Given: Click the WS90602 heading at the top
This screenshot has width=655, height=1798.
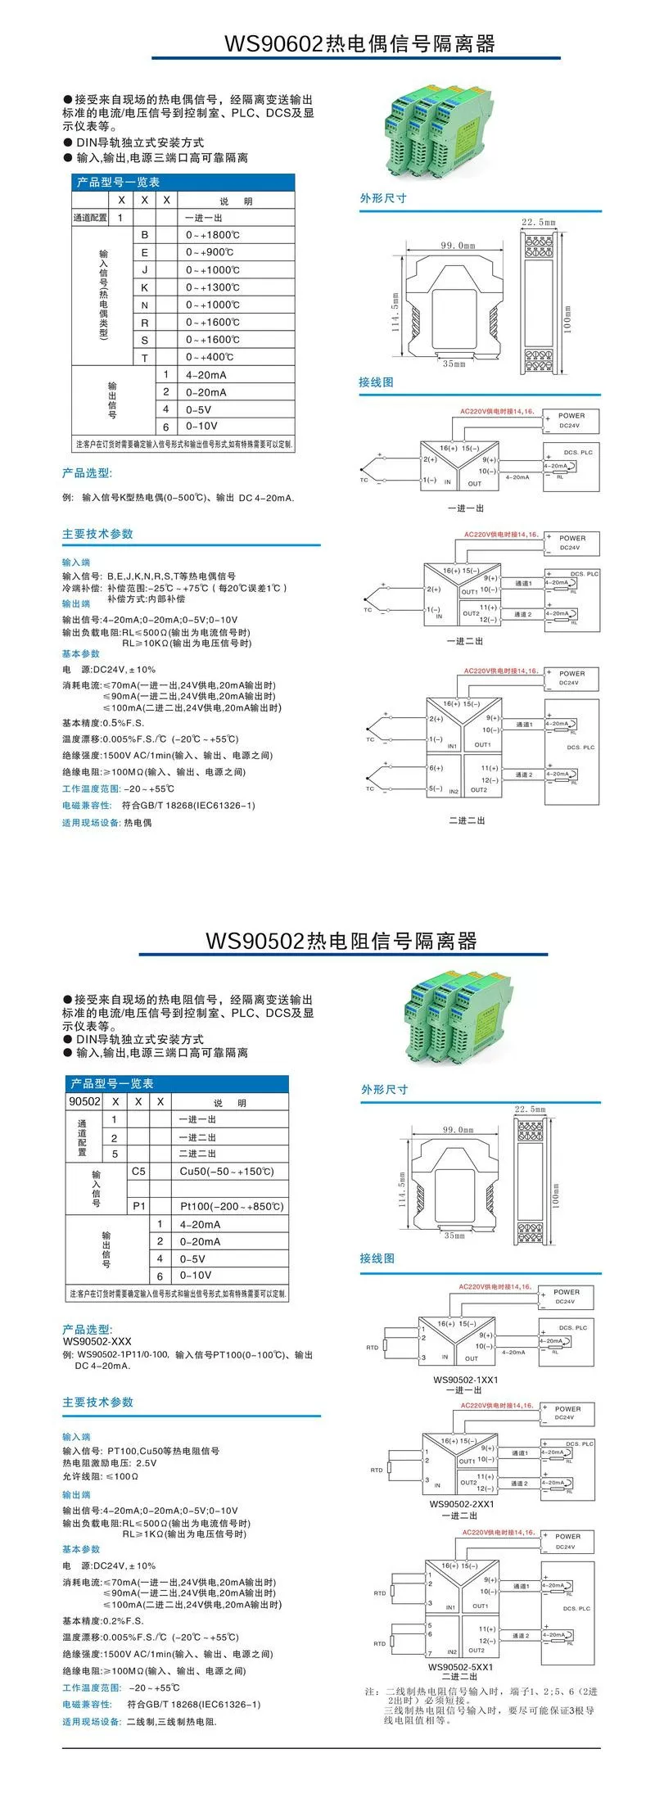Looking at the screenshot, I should coord(360,43).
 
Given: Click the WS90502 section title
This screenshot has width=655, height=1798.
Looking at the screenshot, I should coord(341,941).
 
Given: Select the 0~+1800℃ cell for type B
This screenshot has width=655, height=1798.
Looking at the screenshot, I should coord(213,235).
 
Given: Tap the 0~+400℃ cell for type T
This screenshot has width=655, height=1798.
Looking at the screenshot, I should coord(210,357).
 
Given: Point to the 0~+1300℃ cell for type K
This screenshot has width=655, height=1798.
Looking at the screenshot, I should coord(213,287).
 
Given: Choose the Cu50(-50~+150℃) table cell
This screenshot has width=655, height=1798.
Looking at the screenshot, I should coord(227,1171).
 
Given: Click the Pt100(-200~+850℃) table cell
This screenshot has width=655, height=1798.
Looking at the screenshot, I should coord(232,1206).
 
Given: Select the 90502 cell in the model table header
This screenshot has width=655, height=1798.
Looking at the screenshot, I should coord(85,1101).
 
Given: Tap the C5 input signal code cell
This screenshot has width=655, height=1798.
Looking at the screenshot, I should coord(138,1171).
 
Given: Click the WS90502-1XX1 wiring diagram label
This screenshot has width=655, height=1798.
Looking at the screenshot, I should coord(466,1380).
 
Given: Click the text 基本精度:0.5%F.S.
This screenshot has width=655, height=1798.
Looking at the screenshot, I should coord(103,723).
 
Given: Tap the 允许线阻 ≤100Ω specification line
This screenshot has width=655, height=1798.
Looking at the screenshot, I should coord(101,1476).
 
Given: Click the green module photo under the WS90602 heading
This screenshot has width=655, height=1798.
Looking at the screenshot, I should coord(439,133).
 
